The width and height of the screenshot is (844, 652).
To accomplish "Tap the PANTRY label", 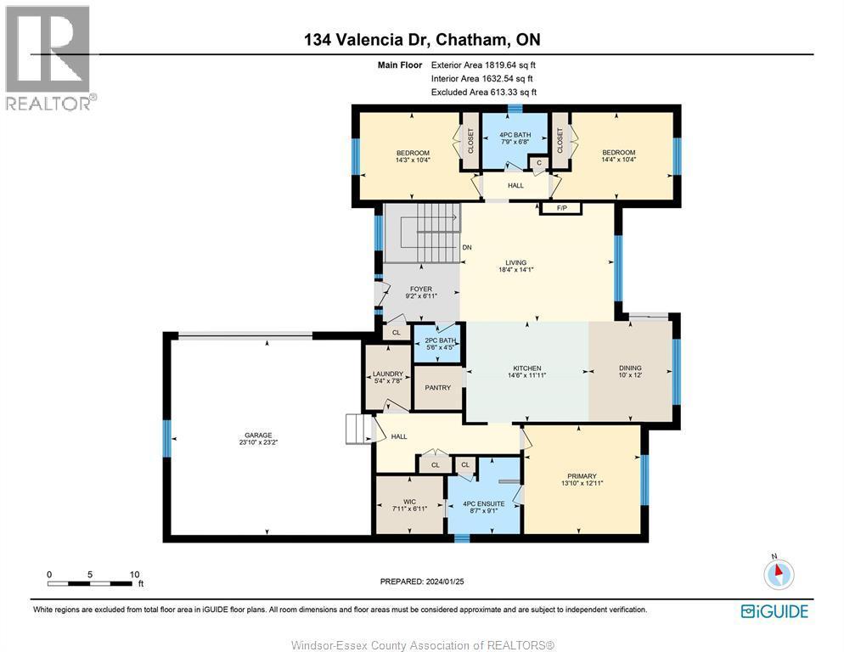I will (437, 388).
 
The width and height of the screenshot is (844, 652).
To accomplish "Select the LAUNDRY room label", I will (387, 374).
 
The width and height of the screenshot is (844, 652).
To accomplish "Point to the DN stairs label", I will (466, 247).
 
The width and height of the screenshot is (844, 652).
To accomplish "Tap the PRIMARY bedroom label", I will (582, 476).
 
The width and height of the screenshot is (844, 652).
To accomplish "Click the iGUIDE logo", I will (774, 611).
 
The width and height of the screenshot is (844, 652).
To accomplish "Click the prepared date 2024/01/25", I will (421, 582).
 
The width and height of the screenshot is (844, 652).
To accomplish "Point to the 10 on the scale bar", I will (134, 574).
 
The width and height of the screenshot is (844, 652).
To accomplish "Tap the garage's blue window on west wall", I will (167, 439).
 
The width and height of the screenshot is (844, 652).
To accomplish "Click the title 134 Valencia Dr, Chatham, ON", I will (421, 40).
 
